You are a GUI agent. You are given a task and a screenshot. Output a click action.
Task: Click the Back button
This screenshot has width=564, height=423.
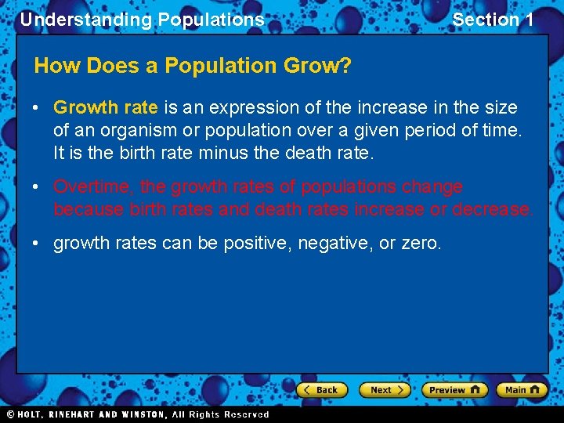pyautogui.click(x=321, y=390)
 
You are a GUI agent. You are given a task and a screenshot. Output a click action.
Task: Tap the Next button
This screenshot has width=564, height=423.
pyautogui.click(x=384, y=390)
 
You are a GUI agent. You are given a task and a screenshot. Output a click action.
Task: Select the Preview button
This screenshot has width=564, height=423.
pyautogui.click(x=454, y=390)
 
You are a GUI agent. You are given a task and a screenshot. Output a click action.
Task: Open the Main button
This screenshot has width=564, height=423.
pyautogui.click(x=522, y=390)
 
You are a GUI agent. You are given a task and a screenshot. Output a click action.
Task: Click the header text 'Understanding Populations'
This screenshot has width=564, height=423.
pyautogui.click(x=142, y=20)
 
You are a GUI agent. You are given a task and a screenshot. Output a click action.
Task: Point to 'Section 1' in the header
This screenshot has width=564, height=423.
pyautogui.click(x=493, y=20)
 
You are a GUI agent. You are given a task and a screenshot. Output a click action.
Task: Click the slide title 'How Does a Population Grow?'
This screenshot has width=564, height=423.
pyautogui.click(x=193, y=66)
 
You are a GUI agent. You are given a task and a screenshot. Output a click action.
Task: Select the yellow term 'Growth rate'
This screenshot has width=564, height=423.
pyautogui.click(x=106, y=107)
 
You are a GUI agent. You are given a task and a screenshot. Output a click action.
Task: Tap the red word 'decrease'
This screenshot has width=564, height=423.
pyautogui.click(x=493, y=209)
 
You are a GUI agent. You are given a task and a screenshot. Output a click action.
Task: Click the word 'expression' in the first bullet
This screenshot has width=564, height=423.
pyautogui.click(x=249, y=107)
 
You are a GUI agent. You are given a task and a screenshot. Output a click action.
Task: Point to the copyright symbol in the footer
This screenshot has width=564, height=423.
pyautogui.click(x=10, y=414)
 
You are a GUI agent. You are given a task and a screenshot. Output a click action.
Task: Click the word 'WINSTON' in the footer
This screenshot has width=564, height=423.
pyautogui.click(x=142, y=414)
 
